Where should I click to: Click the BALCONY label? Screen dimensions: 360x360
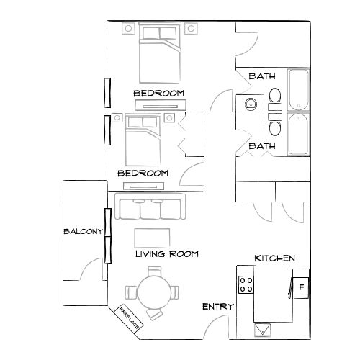(84, 231)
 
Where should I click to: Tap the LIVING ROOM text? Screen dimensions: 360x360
(166, 254)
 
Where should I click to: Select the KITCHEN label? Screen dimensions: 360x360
(274, 258)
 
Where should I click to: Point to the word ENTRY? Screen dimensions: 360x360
(217, 307)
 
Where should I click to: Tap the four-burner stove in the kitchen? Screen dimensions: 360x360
(247, 284)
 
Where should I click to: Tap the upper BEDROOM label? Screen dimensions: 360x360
(158, 94)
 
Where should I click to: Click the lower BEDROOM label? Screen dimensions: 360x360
(143, 174)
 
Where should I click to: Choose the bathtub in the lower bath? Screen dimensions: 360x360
(298, 134)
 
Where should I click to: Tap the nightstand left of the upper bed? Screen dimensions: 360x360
(128, 29)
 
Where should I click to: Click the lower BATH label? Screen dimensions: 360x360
(262, 146)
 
